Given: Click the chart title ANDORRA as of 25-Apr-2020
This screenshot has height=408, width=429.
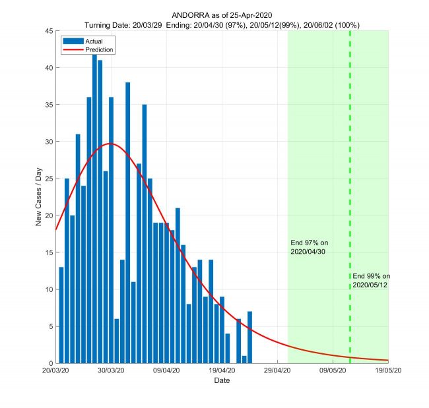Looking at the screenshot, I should point(222,14).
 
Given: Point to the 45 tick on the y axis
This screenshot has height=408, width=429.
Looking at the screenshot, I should point(48,30).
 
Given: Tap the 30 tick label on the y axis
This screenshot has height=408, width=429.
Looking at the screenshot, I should point(48,142).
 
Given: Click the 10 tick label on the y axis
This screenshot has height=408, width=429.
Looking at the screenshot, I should point(48,289).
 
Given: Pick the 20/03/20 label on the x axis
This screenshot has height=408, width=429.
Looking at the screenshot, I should point(56,372).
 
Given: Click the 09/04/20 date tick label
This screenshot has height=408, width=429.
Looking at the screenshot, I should point(166,372).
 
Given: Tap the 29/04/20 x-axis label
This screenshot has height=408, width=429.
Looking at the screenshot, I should point(277,372).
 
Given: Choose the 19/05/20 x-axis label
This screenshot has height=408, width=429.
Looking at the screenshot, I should point(387,372).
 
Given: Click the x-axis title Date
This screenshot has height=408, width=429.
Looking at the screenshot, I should point(222,381).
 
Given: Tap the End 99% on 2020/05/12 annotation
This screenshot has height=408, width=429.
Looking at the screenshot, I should point(371,280).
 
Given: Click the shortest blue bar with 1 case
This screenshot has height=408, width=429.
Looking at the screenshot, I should point(244,360).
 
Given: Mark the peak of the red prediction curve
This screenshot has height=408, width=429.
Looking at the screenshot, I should point(110,144).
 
